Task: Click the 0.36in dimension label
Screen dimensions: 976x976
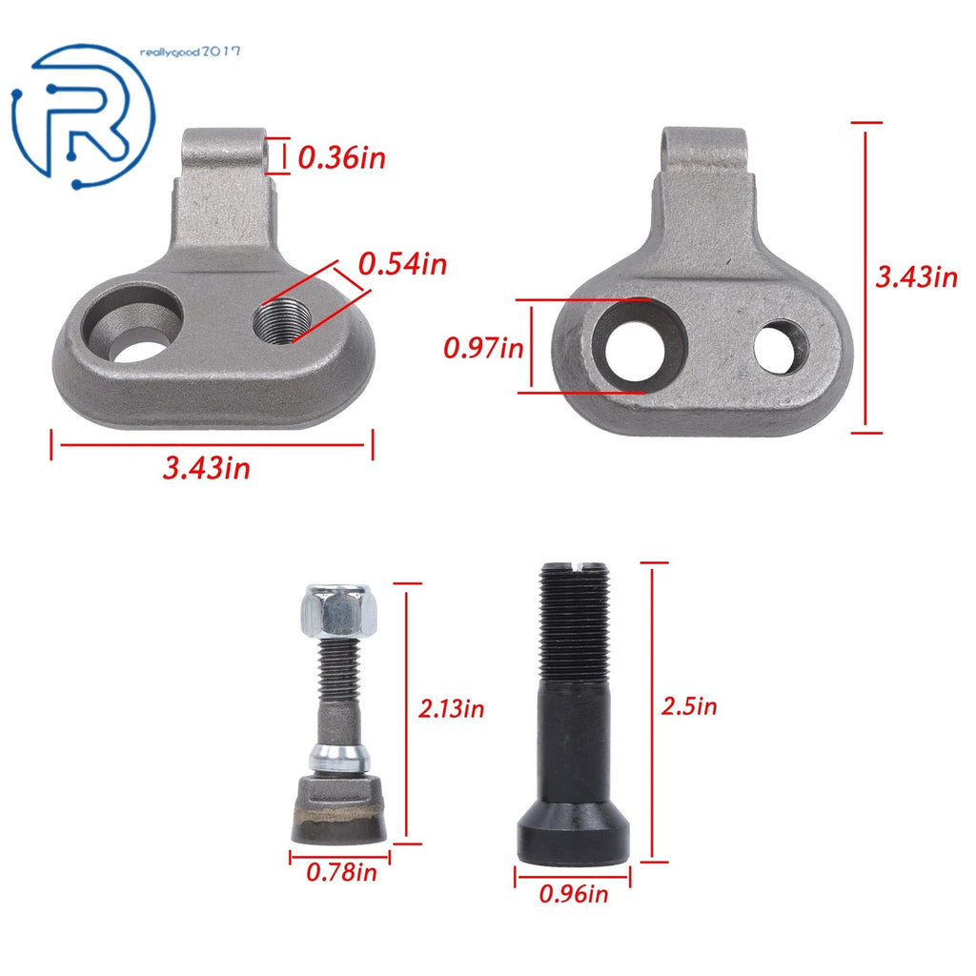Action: (342, 157)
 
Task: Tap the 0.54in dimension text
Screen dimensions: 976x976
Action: (403, 264)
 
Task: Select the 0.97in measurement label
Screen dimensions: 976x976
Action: (483, 347)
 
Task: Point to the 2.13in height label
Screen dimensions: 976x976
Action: (451, 708)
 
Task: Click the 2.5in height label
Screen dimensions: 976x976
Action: (689, 706)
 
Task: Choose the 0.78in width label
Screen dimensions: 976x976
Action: (342, 872)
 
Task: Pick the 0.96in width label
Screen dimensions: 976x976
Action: (573, 894)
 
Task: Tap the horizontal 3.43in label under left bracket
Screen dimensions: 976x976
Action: (207, 467)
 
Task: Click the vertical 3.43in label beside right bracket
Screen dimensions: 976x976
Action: (916, 276)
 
